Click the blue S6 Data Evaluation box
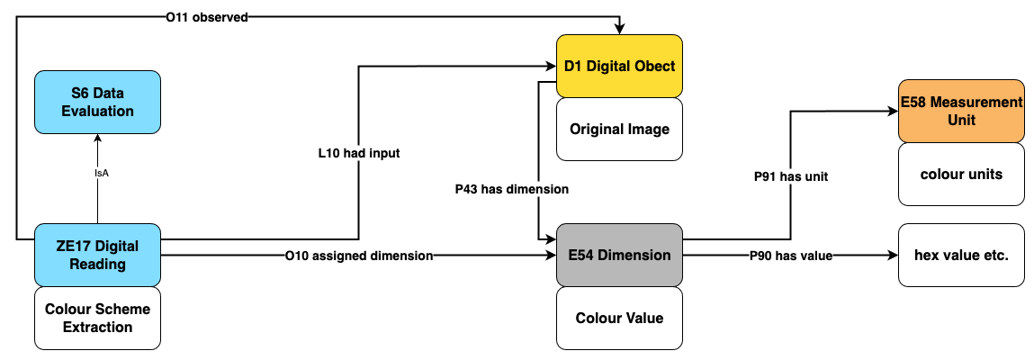(97, 103)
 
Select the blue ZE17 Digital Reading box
(97, 256)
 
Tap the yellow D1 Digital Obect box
(619, 66)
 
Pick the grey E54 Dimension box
(619, 256)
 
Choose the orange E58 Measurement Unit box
(961, 111)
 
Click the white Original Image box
(619, 130)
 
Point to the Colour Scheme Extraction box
(97, 319)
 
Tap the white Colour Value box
(619, 319)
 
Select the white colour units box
(961, 174)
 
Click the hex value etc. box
(961, 256)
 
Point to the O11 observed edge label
(206, 17)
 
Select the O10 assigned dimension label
(359, 256)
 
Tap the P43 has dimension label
(512, 189)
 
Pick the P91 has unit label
(791, 176)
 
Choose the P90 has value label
(791, 256)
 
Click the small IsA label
(97, 174)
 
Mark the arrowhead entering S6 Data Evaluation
(97, 137)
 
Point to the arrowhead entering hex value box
(892, 256)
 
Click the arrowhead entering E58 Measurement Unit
(892, 111)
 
